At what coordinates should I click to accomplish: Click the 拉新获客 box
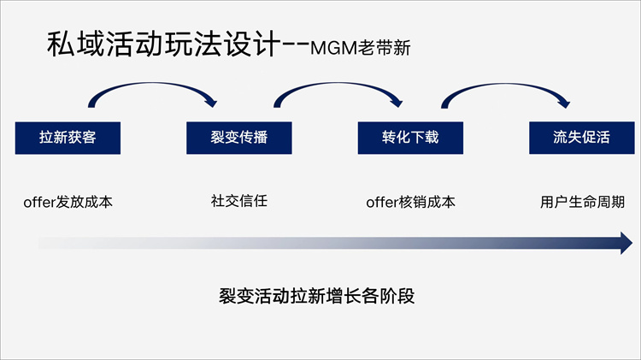click(x=68, y=138)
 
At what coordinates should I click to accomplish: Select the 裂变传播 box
click(x=238, y=138)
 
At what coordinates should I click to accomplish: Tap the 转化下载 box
click(x=409, y=138)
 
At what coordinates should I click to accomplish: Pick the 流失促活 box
click(x=581, y=138)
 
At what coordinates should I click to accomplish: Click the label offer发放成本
click(x=68, y=203)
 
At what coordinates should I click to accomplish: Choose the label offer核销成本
click(x=410, y=203)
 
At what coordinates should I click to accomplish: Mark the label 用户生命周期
click(x=582, y=203)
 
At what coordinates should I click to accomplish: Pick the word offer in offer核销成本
click(x=383, y=204)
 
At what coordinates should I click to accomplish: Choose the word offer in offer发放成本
click(x=40, y=204)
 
